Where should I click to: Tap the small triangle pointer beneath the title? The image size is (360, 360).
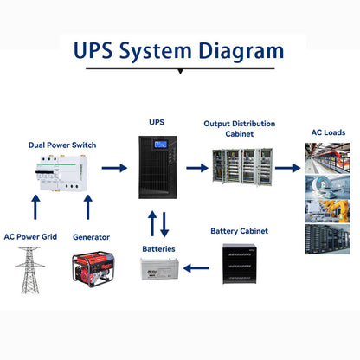point(180,72)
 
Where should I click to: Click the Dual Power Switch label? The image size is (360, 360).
point(61,146)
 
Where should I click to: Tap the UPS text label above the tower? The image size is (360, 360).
point(156,123)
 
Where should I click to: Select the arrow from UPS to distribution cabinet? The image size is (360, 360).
point(198,167)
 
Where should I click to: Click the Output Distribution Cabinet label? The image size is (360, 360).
point(241,129)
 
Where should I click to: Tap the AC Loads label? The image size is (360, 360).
point(328,132)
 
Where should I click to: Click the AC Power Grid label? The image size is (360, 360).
point(30,235)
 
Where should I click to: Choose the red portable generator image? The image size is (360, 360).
point(91,269)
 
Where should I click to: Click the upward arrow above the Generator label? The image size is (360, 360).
point(87,208)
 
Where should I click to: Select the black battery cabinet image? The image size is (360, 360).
point(240,267)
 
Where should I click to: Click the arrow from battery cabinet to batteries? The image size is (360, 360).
point(198,268)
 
